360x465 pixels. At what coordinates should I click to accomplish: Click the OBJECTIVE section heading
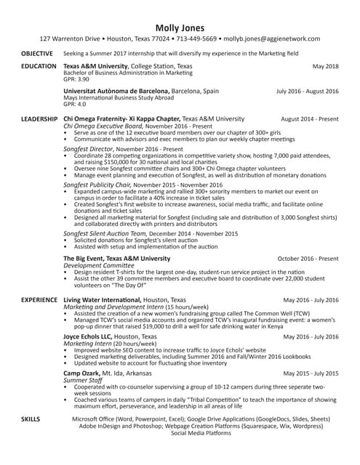click(x=36, y=54)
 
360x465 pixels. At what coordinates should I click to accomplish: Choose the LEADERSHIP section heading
click(x=39, y=118)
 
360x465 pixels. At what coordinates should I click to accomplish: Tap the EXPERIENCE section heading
click(x=39, y=299)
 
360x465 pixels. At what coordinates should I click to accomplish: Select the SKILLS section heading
click(x=31, y=420)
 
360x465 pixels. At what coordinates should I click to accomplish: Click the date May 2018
click(x=325, y=66)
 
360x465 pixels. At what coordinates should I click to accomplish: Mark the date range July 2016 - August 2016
click(x=307, y=92)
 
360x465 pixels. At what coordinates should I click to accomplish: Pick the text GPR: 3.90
click(x=76, y=78)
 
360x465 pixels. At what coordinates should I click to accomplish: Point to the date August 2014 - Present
click(x=309, y=118)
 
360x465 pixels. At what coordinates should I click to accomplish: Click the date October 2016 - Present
click(x=308, y=258)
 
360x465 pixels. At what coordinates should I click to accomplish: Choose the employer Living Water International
click(x=103, y=299)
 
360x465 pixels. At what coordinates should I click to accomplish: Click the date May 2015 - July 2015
click(x=311, y=373)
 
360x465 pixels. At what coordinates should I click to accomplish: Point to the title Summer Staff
click(x=81, y=380)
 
